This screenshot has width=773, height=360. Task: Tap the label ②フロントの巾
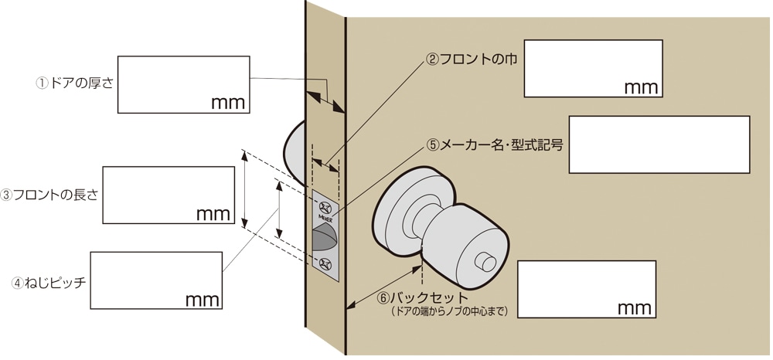[x=472, y=59]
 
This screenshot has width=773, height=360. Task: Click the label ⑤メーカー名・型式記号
[x=495, y=144]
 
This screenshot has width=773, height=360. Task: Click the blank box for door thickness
[x=183, y=84]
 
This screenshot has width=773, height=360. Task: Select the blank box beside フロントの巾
[x=593, y=69]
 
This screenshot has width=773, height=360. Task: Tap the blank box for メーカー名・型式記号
[x=659, y=144]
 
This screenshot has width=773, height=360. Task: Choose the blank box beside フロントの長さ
[x=169, y=194]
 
